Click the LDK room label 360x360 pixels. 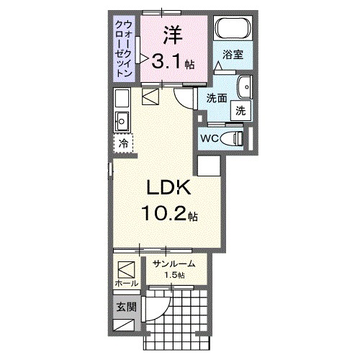pyautogui.click(x=168, y=189)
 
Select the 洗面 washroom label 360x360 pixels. pyautogui.click(x=217, y=98)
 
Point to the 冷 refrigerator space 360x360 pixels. pyautogui.click(x=123, y=144)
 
